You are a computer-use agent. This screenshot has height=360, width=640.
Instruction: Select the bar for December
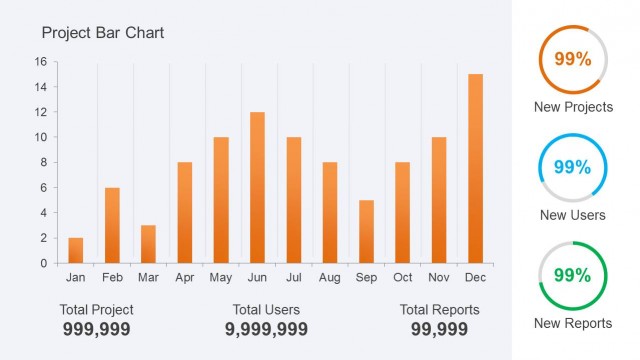[x=475, y=168]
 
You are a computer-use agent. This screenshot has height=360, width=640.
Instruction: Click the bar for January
[x=76, y=250]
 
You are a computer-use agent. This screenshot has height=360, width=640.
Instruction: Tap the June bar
[x=257, y=187]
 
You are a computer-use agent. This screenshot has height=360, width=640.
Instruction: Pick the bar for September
[x=366, y=231]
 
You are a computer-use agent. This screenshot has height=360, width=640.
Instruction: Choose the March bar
[x=148, y=244]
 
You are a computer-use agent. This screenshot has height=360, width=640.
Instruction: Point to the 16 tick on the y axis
[x=41, y=62]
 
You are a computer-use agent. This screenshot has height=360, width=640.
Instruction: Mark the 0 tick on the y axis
[x=42, y=263]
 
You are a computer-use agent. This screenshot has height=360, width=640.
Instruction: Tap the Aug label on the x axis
[x=330, y=277]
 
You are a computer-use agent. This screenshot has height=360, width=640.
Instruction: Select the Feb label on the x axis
[x=112, y=277]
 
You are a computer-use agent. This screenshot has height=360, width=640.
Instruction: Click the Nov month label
[x=439, y=277]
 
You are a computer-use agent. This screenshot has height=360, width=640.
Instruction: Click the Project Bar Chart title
[x=103, y=33]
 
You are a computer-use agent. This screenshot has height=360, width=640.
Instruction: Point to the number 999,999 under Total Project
[x=96, y=329]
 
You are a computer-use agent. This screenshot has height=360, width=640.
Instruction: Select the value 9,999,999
[x=266, y=329]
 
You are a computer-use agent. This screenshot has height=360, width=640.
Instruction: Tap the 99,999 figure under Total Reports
[x=439, y=329]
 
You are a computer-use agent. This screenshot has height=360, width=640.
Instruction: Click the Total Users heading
[x=266, y=310]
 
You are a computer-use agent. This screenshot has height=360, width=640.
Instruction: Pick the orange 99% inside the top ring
[x=572, y=59]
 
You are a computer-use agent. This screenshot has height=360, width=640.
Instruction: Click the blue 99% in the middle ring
[x=572, y=167]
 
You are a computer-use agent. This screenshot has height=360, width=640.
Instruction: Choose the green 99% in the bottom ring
[x=572, y=275]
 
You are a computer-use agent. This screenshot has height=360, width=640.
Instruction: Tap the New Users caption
[x=572, y=215]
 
